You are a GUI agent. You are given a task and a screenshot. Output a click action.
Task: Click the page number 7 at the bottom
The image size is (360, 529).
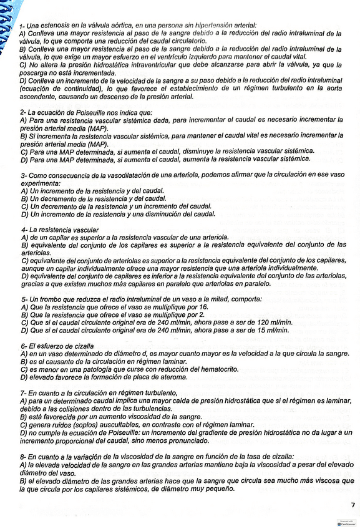(x=353, y=504)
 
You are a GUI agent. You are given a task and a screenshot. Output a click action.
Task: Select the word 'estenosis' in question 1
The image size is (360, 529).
(x=54, y=26)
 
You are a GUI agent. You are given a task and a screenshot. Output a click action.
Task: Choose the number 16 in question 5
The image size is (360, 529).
(x=203, y=307)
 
